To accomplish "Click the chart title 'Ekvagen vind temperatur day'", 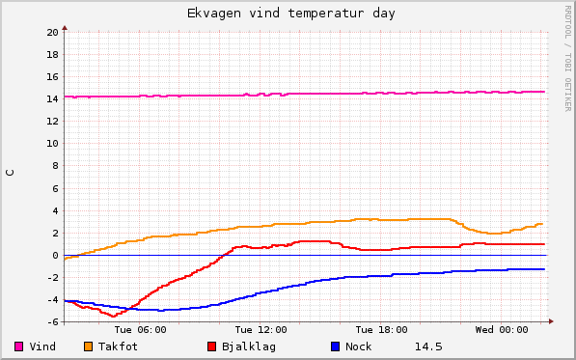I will (x=290, y=14).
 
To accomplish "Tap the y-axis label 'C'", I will (x=11, y=173).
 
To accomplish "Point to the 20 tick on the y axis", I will (x=52, y=32).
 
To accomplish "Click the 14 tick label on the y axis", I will (x=52, y=98).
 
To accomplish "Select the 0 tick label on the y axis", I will (x=55, y=255).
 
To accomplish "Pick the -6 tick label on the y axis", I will (x=52, y=321).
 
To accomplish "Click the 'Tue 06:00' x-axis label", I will (x=140, y=330).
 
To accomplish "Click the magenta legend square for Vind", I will (x=19, y=346).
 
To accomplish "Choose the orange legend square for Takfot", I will (x=88, y=346).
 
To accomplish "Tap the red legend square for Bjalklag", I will (x=212, y=346).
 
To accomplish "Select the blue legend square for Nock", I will (x=335, y=346).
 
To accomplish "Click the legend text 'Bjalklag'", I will (x=249, y=346).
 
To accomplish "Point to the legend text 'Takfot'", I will (x=118, y=346).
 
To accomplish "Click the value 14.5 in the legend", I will (x=428, y=346).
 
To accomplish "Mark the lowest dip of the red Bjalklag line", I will (x=114, y=316).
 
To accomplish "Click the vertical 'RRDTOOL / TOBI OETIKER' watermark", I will (x=567, y=58).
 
